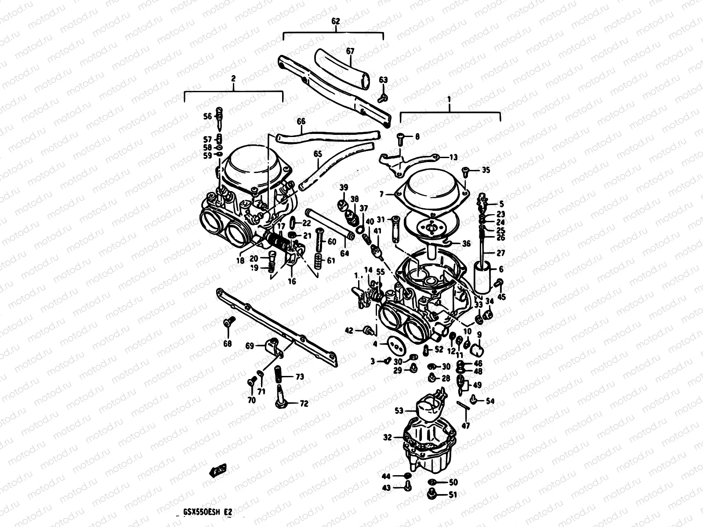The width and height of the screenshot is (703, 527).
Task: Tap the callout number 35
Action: pos(485,170)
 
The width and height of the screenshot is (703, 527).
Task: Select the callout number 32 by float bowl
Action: pos(387,437)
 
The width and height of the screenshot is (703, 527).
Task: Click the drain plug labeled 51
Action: pos(432,495)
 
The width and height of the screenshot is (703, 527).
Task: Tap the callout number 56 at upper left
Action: pos(207,116)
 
